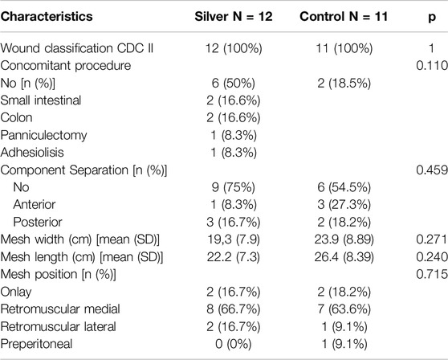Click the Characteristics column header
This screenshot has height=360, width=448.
47,16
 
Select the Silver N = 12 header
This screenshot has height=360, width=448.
234,16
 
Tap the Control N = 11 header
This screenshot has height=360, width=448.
344,16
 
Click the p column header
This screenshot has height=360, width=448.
432,18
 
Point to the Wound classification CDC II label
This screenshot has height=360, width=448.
77,48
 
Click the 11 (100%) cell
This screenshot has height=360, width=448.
344,48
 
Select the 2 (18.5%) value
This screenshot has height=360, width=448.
344,84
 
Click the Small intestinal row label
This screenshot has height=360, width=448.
41,100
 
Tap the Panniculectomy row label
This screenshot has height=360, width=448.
43,135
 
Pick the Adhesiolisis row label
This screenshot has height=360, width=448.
32,153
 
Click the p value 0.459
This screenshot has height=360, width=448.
432,170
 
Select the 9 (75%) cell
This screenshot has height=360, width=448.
233,187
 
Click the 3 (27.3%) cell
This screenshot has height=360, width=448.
344,205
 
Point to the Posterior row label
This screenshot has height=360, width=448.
38,222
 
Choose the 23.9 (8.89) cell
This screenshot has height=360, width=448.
344,239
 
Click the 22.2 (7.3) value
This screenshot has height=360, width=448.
233,257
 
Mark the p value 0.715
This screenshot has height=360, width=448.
432,274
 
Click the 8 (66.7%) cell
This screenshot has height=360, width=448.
233,309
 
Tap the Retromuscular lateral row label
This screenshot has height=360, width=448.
59,326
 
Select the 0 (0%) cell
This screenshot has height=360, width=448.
233,344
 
